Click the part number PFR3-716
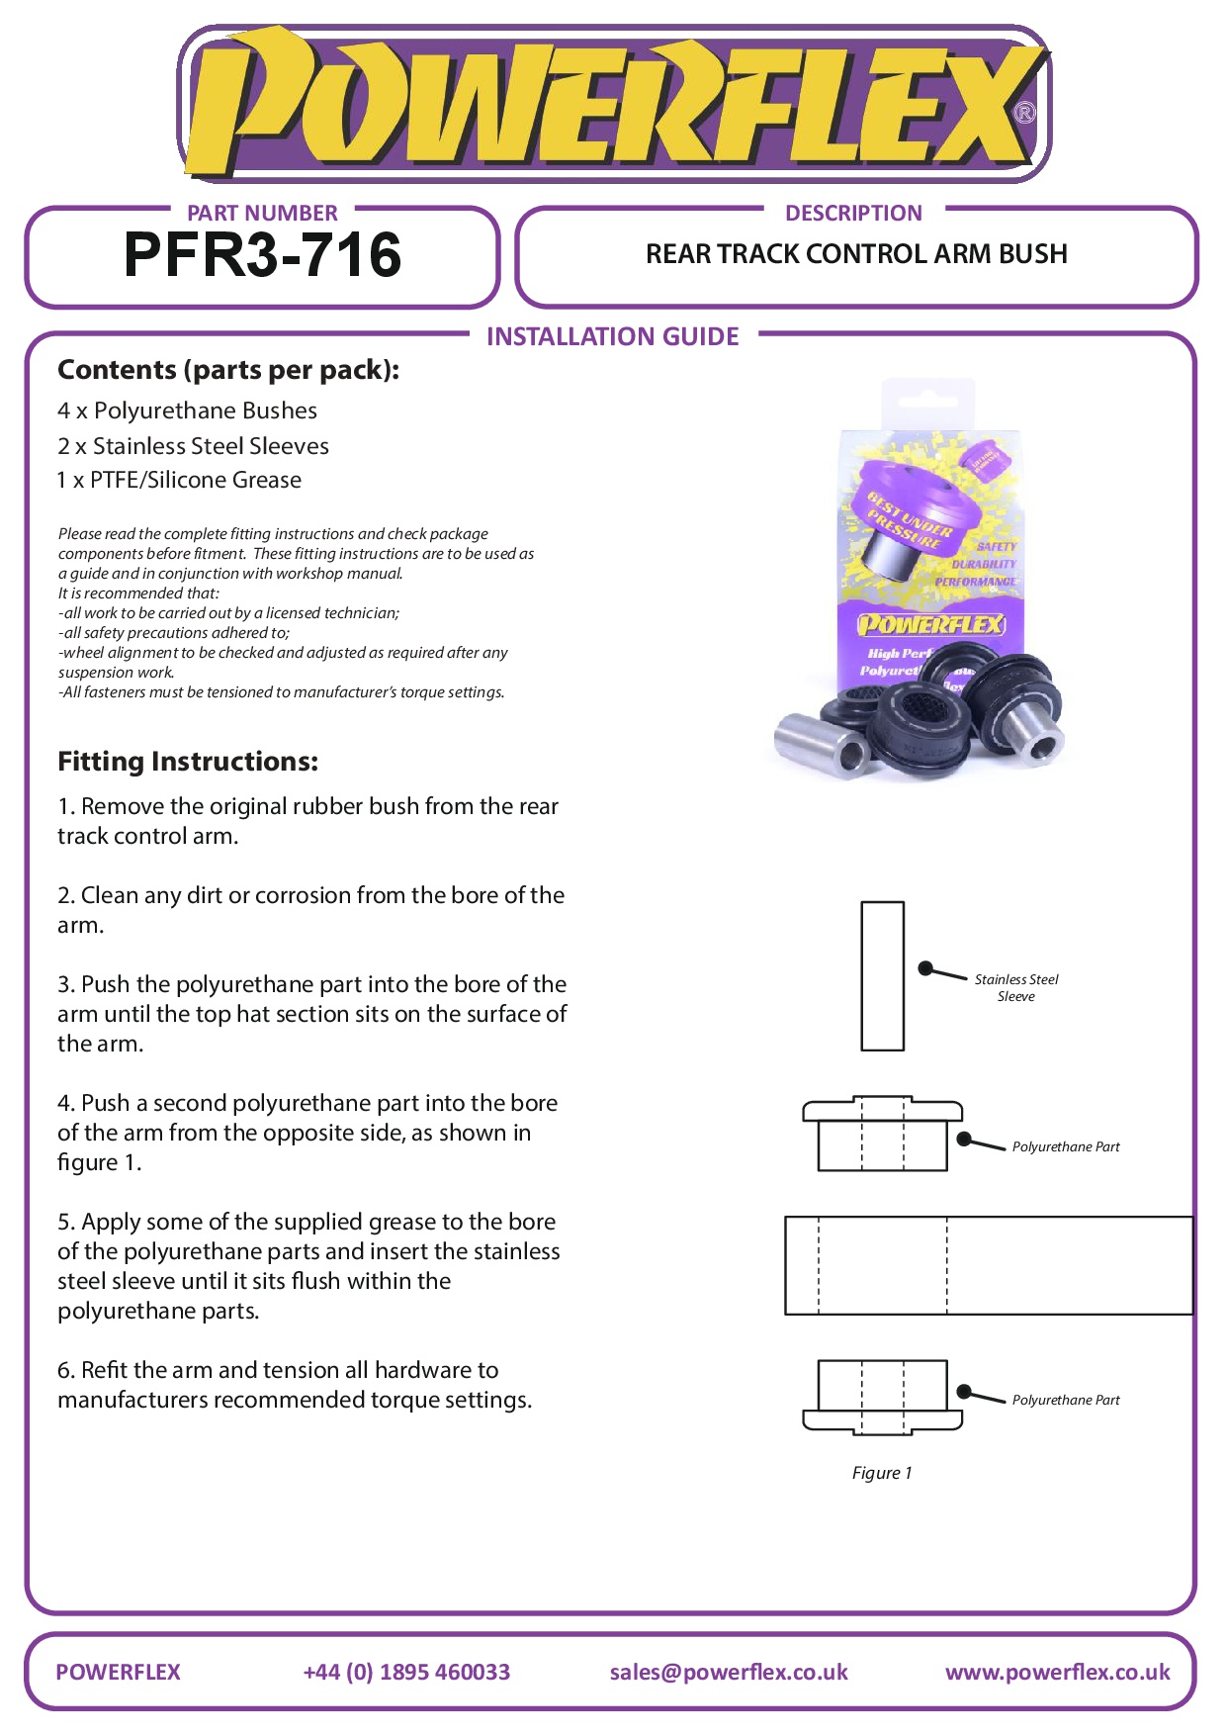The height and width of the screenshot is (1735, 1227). [262, 255]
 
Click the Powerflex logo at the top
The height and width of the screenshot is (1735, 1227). [613, 104]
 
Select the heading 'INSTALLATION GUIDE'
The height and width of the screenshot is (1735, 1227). [612, 336]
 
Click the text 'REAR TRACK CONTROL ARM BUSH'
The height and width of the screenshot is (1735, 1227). [856, 254]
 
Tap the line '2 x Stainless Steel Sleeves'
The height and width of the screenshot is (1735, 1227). [193, 446]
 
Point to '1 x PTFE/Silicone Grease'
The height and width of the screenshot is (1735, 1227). [179, 480]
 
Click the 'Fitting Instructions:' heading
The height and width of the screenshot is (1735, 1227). [188, 762]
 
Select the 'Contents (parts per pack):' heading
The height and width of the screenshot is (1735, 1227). [228, 370]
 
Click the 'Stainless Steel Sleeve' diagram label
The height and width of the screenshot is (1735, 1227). [1015, 987]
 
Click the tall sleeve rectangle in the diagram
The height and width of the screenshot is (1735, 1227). [882, 975]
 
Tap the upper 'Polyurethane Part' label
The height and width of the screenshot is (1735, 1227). [1065, 1146]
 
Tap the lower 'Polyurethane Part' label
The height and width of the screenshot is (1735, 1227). [1065, 1400]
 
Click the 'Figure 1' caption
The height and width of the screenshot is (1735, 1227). [882, 1473]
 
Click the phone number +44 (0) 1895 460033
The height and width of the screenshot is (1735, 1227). [406, 1672]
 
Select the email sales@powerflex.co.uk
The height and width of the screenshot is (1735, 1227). [729, 1672]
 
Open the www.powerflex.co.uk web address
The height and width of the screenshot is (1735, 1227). [1057, 1672]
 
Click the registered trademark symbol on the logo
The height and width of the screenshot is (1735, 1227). [1025, 113]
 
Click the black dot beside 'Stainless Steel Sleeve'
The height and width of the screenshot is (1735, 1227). [925, 968]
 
